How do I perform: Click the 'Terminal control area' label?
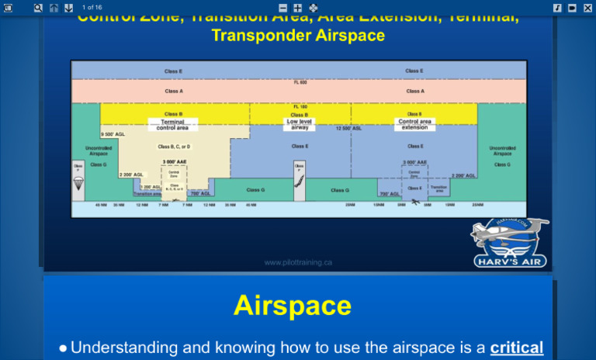pyautogui.click(x=172, y=125)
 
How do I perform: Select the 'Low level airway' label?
pyautogui.click(x=300, y=125)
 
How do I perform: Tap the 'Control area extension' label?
pyautogui.click(x=414, y=125)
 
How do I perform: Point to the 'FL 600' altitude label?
pyautogui.click(x=300, y=82)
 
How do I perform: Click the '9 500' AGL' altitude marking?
pyautogui.click(x=113, y=134)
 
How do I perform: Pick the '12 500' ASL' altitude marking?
pyautogui.click(x=348, y=129)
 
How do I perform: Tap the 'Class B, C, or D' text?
pyautogui.click(x=174, y=147)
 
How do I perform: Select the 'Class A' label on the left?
pyautogui.click(x=174, y=91)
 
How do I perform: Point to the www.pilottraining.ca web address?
pyautogui.click(x=298, y=262)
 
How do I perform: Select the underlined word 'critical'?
pyautogui.click(x=516, y=348)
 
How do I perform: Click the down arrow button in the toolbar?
pyautogui.click(x=68, y=7)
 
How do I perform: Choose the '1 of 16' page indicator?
pyautogui.click(x=92, y=7)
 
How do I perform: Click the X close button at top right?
pyautogui.click(x=587, y=7)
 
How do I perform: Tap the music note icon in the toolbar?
pyautogui.click(x=557, y=7)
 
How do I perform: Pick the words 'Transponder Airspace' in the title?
pyautogui.click(x=298, y=36)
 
